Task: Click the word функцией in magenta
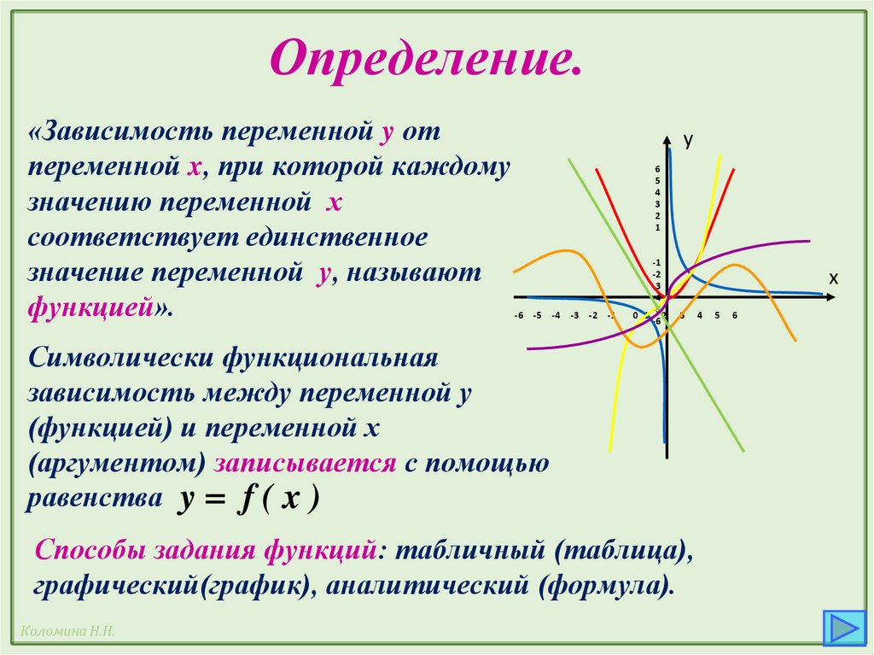pos(90,307)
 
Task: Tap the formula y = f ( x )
pos(248,498)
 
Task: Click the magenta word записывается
pos(306,463)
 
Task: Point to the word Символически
pos(120,357)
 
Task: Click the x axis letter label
pos(833,278)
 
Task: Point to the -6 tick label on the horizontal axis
pos(518,315)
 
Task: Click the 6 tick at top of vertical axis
pos(657,168)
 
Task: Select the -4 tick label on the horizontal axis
pos(556,315)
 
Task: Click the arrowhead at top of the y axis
pos(666,137)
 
